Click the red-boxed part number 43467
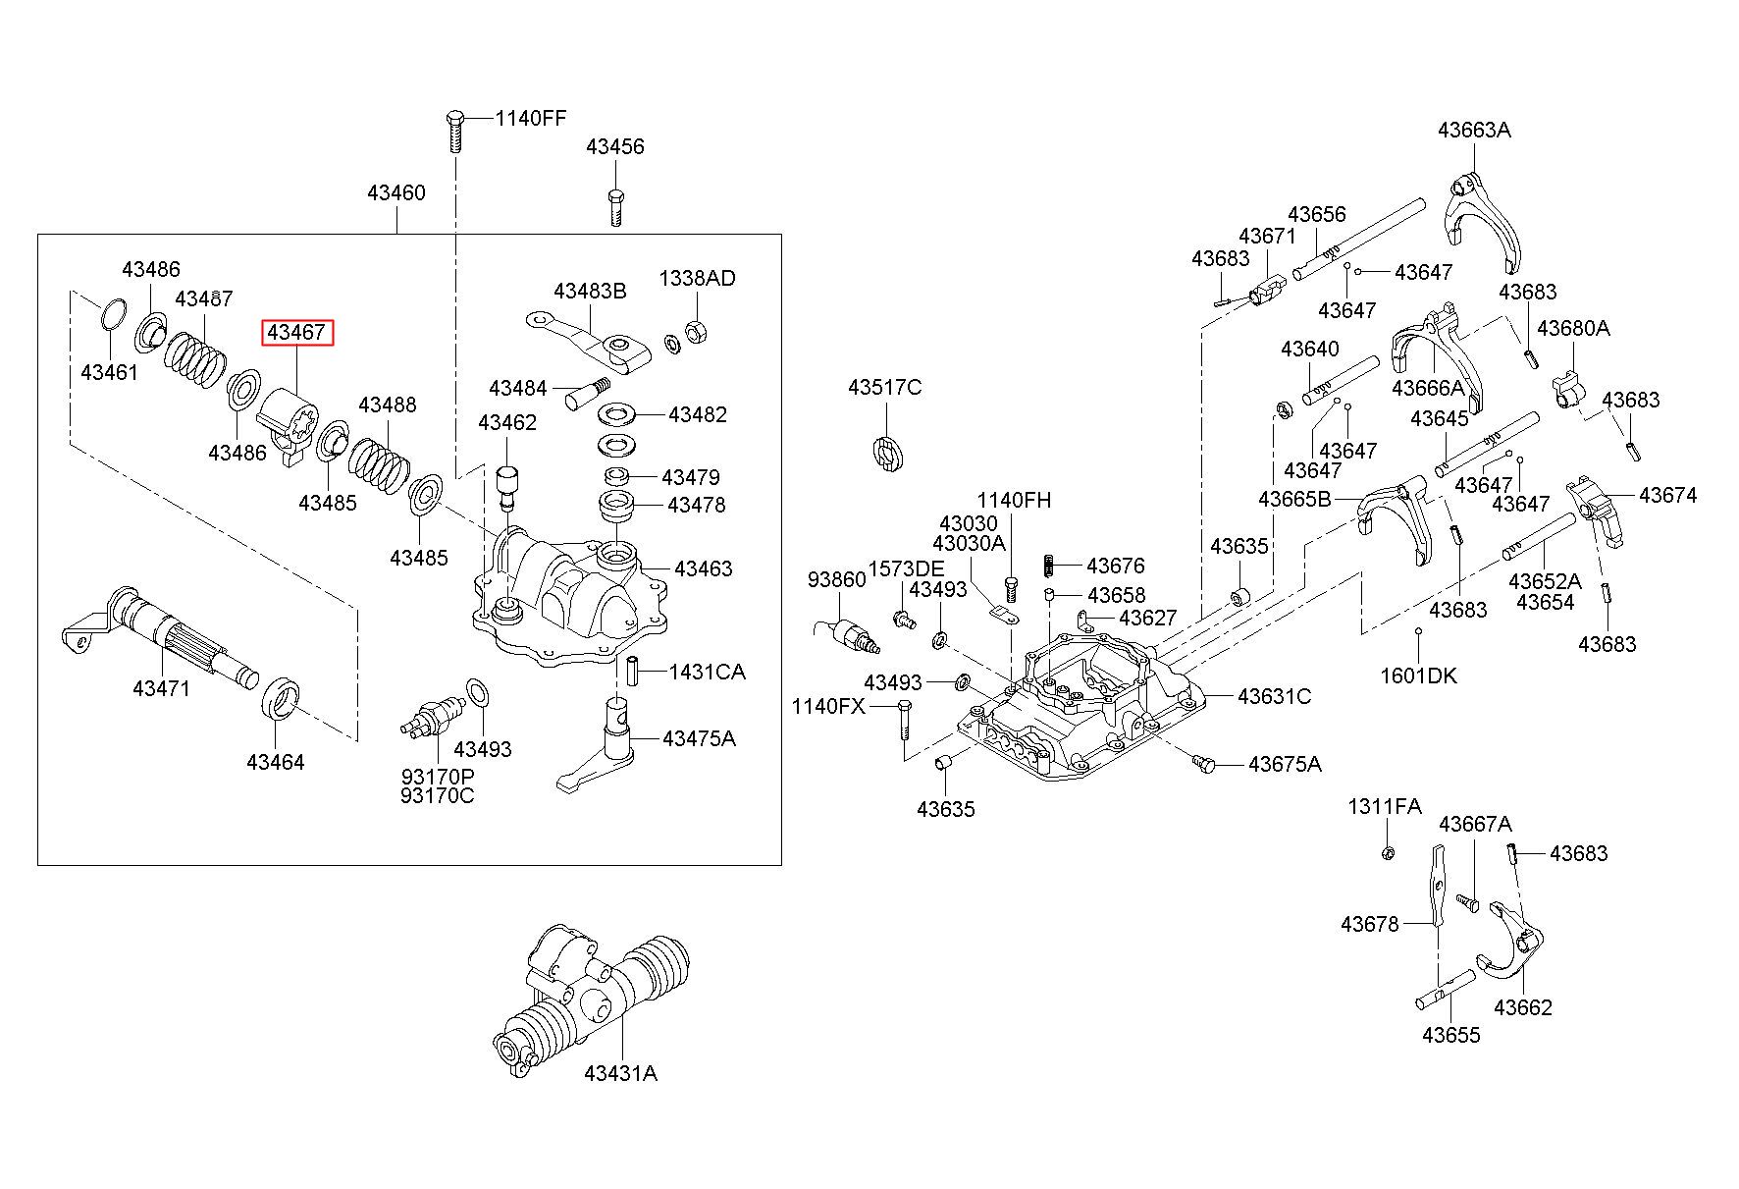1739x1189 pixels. tap(296, 333)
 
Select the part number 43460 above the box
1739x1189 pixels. tap(396, 192)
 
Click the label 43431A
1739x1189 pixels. tap(620, 1073)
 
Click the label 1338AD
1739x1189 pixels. tap(697, 278)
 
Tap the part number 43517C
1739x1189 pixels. tap(885, 387)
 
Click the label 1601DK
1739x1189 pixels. tap(1418, 676)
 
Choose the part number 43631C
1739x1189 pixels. tap(1274, 696)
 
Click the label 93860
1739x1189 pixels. tap(836, 579)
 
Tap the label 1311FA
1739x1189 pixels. tap(1385, 806)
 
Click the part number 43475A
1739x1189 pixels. tap(699, 738)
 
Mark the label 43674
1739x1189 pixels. tap(1667, 495)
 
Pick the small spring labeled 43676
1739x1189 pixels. tap(1049, 567)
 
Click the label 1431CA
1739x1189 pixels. tap(707, 673)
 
